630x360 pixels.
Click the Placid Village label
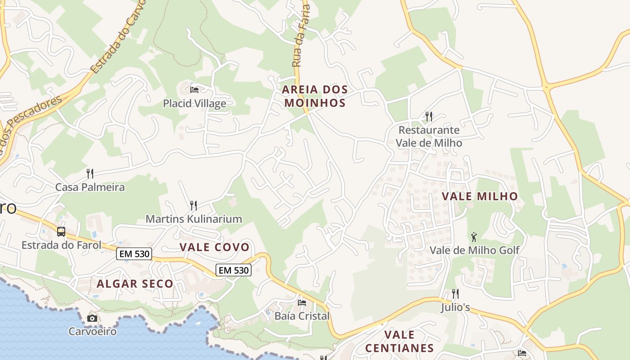[194, 103]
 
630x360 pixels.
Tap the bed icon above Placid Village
[194, 90]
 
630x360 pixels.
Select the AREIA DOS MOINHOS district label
[315, 96]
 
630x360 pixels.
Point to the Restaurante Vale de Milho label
[429, 136]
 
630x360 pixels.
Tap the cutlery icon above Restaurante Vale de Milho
[429, 117]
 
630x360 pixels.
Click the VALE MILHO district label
[480, 197]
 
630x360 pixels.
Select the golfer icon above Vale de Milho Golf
[474, 237]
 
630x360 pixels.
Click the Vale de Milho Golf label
[475, 250]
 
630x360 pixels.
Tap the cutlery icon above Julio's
[455, 294]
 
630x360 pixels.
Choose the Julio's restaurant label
[455, 307]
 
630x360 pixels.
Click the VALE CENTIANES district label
[400, 341]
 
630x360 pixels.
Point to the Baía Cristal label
[302, 316]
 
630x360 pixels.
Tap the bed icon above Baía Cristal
[302, 302]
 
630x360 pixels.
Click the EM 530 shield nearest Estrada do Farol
[134, 254]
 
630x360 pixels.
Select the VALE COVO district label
[214, 247]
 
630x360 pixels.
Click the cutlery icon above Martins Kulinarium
[193, 206]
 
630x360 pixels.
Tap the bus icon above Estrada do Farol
[61, 232]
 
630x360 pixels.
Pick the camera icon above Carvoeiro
[92, 318]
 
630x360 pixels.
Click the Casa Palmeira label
[90, 187]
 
